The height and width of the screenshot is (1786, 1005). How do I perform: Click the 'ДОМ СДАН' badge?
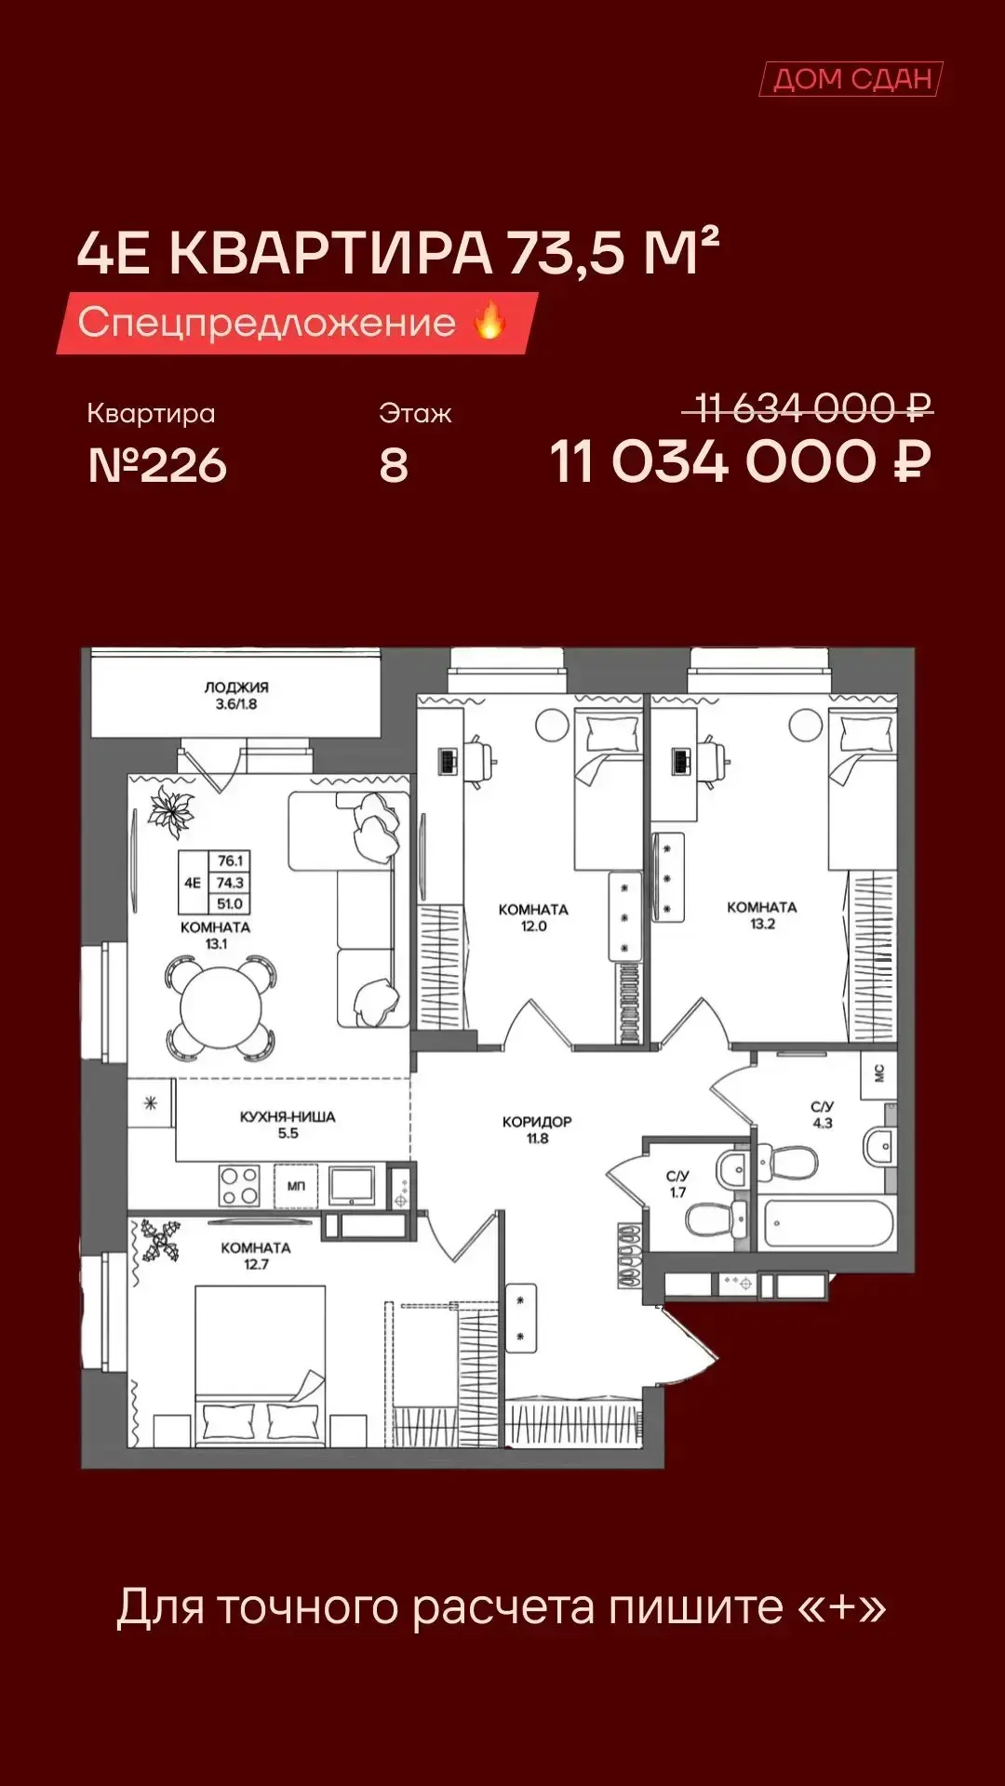851,79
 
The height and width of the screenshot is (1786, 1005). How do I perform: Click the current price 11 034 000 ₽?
741,462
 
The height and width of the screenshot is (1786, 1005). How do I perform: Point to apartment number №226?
157,465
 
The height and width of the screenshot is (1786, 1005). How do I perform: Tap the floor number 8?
394,465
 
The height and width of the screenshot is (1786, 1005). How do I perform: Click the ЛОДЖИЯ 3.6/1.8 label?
236,696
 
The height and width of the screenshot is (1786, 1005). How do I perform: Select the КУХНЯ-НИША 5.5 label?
288,1125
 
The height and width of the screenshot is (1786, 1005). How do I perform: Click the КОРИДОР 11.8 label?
537,1129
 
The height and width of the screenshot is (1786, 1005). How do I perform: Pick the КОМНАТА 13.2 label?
762,914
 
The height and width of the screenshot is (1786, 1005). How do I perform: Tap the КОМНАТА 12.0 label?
533,917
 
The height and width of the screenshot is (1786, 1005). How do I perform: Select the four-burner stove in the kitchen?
239,1186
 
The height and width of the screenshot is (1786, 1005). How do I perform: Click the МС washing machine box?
878,1074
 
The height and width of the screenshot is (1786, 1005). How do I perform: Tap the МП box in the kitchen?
296,1186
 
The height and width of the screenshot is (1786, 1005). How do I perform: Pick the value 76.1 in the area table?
230,860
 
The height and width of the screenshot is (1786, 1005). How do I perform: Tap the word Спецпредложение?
267,322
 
